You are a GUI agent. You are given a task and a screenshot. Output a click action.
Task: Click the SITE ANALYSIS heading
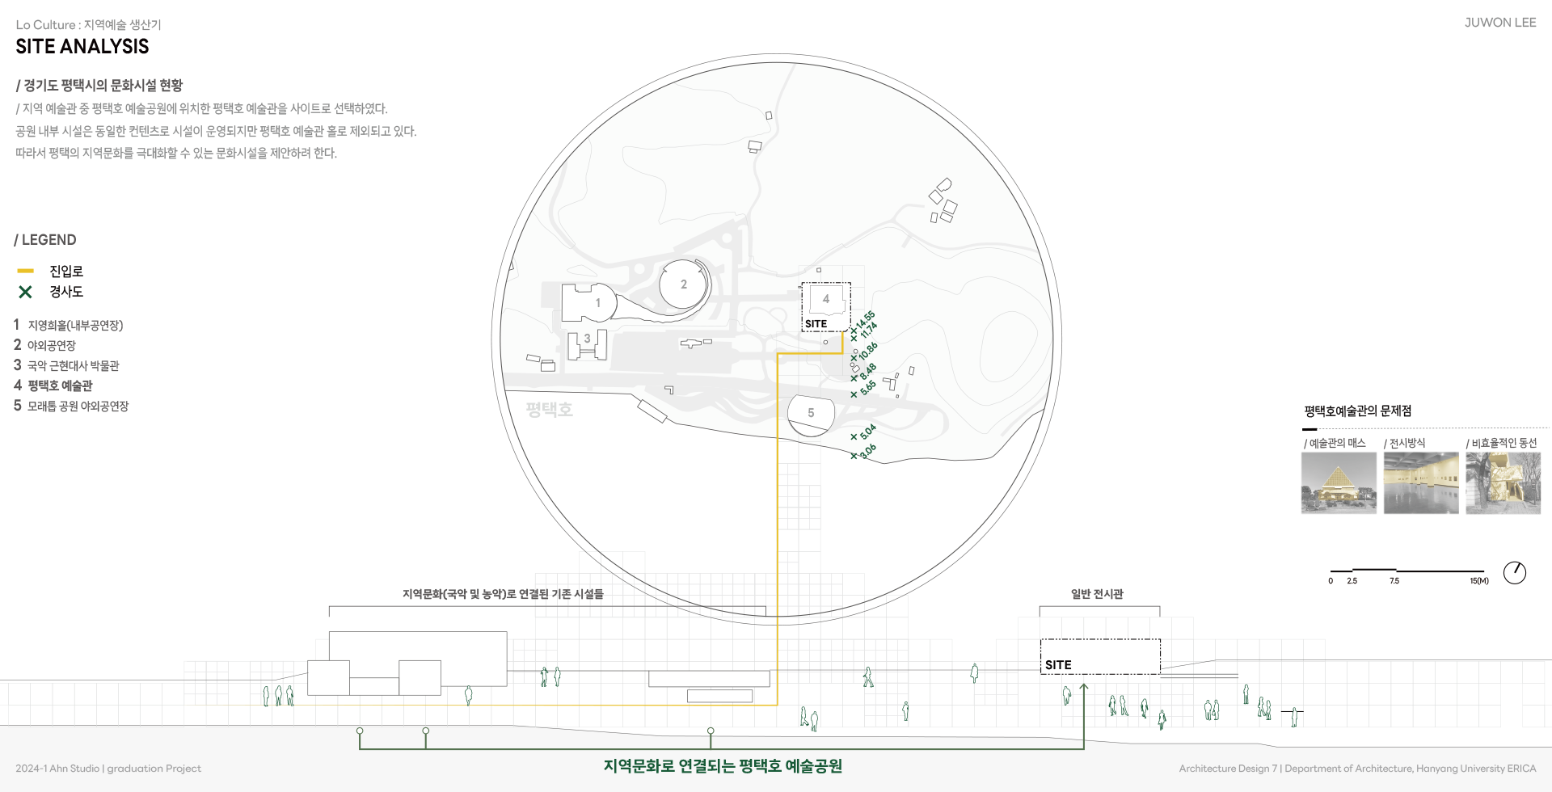pos(82,47)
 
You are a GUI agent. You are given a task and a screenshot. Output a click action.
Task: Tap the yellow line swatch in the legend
pos(25,271)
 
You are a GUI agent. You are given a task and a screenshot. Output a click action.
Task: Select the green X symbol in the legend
pos(25,292)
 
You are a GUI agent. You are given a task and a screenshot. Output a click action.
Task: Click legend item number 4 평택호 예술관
pos(53,385)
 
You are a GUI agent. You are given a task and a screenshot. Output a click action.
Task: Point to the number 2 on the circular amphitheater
pos(684,284)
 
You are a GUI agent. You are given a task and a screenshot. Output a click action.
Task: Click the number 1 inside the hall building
pos(598,303)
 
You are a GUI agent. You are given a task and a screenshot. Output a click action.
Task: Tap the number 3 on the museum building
pos(587,339)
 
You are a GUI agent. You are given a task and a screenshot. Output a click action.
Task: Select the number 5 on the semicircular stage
pos(811,413)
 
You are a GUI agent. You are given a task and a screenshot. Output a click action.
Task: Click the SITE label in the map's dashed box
pos(816,324)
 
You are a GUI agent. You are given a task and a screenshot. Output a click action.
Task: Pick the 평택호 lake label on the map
pos(549,410)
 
